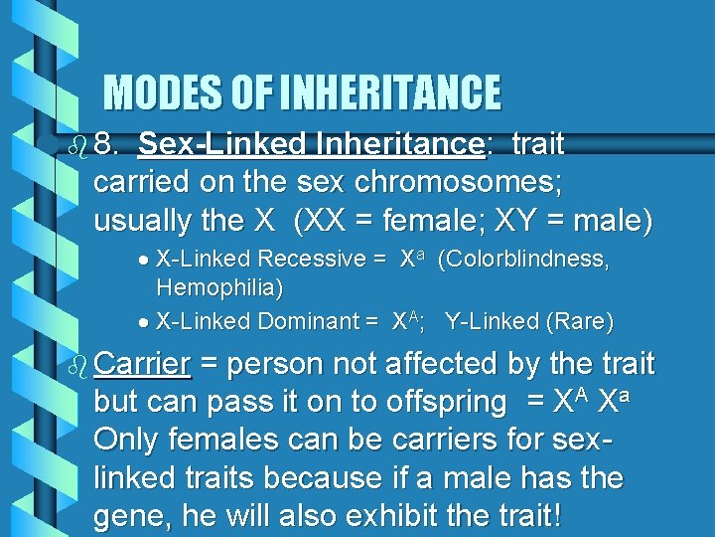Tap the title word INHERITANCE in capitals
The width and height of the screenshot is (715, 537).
pos(391,93)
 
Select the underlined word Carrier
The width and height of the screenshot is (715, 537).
pos(141,365)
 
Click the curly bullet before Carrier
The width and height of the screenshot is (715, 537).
pos(77,365)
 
